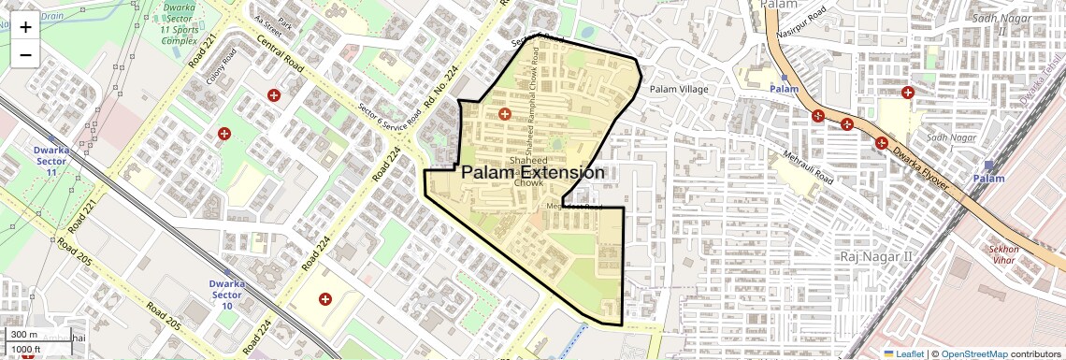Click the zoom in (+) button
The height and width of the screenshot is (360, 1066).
pos(25,27)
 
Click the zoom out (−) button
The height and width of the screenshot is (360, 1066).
pos(25,54)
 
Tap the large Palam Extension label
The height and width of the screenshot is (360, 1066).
pos(533,173)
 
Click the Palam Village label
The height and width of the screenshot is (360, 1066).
pos(679,89)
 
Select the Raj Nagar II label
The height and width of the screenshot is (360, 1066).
pos(875,256)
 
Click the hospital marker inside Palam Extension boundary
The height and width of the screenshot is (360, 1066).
pos(505,114)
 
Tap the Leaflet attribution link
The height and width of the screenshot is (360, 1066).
pos(903,353)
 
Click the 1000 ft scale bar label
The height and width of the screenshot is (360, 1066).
pos(26,349)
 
